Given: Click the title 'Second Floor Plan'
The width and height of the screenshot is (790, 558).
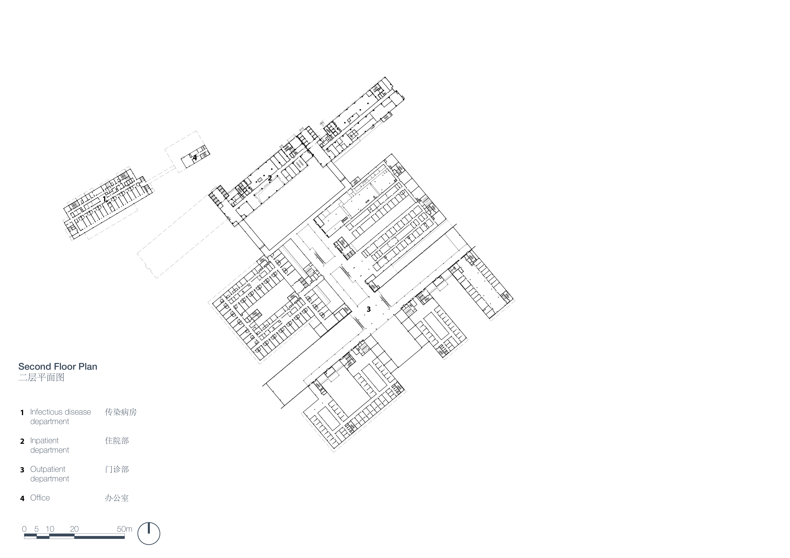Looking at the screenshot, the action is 58,367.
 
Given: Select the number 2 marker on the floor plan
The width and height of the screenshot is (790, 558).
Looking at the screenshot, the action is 270,178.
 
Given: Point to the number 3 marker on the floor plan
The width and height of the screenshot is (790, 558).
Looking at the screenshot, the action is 368,309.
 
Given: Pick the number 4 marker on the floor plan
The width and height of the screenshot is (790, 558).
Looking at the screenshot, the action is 195,158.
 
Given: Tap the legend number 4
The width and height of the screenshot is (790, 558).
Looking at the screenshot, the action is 22,499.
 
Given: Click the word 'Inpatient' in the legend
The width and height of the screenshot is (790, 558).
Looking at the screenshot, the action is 44,441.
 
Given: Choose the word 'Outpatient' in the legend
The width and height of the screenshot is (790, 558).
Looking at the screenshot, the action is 48,469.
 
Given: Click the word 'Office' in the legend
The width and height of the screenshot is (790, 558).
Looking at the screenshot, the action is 40,498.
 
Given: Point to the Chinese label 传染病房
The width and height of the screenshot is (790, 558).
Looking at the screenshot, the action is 121,412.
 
